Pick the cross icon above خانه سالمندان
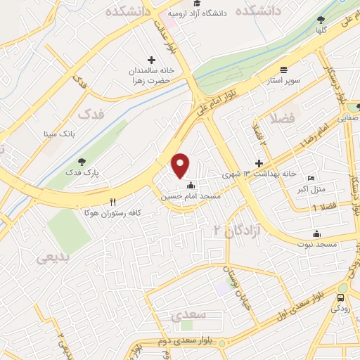pyautogui.click(x=150, y=60)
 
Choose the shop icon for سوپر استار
pyautogui.click(x=283, y=70)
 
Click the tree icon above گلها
pyautogui.click(x=321, y=20)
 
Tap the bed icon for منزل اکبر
pyautogui.click(x=311, y=179)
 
